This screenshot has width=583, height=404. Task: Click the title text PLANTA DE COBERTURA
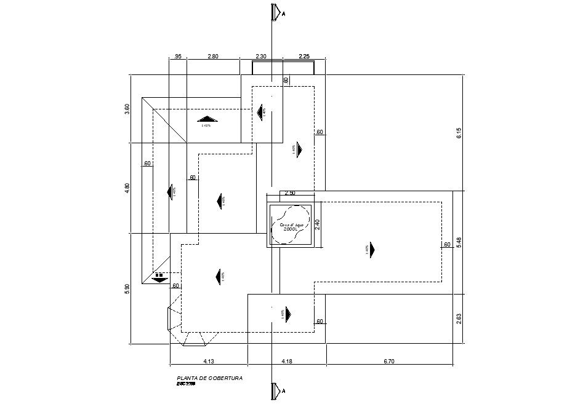click(209, 378)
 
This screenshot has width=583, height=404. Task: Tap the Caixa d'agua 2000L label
click(292, 227)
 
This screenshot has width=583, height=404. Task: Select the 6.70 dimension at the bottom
click(388, 362)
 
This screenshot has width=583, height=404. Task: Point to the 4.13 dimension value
click(208, 362)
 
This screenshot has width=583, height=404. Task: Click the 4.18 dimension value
click(287, 362)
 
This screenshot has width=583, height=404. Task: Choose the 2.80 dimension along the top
click(212, 57)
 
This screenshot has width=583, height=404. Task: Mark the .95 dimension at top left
click(177, 57)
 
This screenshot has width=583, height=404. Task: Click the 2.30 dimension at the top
click(261, 57)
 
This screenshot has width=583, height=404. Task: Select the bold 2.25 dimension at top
click(304, 57)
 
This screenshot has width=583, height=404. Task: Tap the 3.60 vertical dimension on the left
click(127, 109)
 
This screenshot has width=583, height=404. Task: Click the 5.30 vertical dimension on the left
click(127, 288)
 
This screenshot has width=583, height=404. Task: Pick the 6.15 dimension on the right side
click(459, 133)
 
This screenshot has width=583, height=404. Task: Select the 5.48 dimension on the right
click(459, 243)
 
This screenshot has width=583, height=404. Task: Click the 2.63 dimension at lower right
click(459, 319)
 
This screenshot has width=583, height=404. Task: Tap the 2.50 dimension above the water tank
click(289, 193)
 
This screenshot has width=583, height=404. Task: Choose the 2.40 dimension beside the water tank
click(318, 224)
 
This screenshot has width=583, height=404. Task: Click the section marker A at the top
click(277, 12)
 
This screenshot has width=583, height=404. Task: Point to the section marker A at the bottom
click(277, 390)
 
